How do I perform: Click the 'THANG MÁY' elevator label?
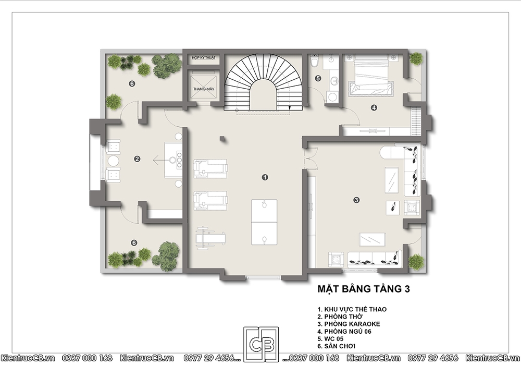coord(204,89)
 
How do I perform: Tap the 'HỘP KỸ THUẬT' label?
coord(204,58)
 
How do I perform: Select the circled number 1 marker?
coord(265,177)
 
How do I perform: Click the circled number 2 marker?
coord(137,159)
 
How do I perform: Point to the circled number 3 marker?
coord(356,200)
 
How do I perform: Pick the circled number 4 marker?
coord(374,108)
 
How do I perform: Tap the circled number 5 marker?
coord(318,78)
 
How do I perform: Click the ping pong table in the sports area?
coord(264,222)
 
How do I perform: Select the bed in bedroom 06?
coord(371,74)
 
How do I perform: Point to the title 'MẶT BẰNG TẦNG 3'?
coord(364,289)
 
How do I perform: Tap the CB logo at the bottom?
coord(261,344)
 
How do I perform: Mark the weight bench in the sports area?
coord(210,238)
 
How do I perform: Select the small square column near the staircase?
coord(222,139)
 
